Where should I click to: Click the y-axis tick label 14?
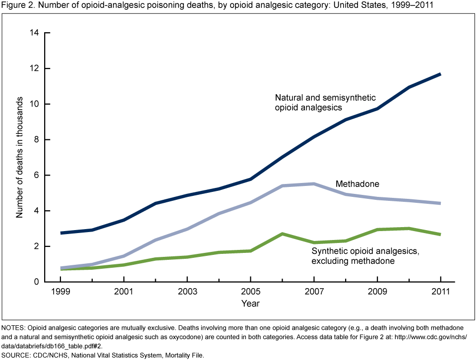(x=34, y=33)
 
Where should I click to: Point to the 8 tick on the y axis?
(x=37, y=140)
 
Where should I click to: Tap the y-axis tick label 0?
(x=37, y=282)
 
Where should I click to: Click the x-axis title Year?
(x=250, y=303)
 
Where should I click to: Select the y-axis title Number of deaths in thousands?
(x=20, y=158)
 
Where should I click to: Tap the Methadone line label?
(x=357, y=184)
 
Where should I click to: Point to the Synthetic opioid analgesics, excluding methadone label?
(x=362, y=256)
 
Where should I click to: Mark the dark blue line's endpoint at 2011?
(x=440, y=74)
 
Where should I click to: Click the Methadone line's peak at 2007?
(x=313, y=183)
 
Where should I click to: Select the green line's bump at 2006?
(x=282, y=234)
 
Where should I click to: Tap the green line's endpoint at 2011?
(x=440, y=235)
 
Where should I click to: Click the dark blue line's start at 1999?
(x=60, y=233)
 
